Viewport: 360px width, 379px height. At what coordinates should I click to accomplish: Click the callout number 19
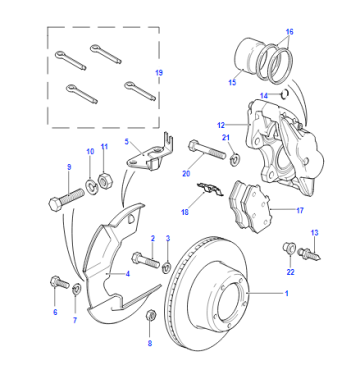click(x=159, y=73)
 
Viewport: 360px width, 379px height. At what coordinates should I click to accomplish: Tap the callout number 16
click(x=289, y=32)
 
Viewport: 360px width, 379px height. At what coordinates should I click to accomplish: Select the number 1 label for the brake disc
click(x=286, y=293)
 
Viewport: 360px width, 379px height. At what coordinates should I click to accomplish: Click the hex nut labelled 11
click(x=105, y=181)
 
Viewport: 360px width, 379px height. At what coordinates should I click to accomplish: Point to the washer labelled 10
click(x=90, y=186)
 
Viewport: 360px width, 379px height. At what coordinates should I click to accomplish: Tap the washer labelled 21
click(x=235, y=158)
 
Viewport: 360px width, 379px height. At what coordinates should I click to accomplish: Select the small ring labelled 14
click(x=284, y=94)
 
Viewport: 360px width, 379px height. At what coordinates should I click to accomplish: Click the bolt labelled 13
click(x=308, y=254)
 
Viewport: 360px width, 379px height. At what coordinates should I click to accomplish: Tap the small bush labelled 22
click(x=289, y=249)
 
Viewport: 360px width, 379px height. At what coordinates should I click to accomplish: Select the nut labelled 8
click(x=151, y=314)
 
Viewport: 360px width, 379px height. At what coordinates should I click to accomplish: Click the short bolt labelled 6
click(x=59, y=283)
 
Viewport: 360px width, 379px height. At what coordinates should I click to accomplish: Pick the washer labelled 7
click(x=77, y=288)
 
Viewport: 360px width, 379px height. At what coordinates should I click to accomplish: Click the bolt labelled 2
click(x=146, y=260)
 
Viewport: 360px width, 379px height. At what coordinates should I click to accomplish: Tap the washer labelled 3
click(x=167, y=268)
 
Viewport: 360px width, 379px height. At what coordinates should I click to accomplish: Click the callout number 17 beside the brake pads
click(x=300, y=210)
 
